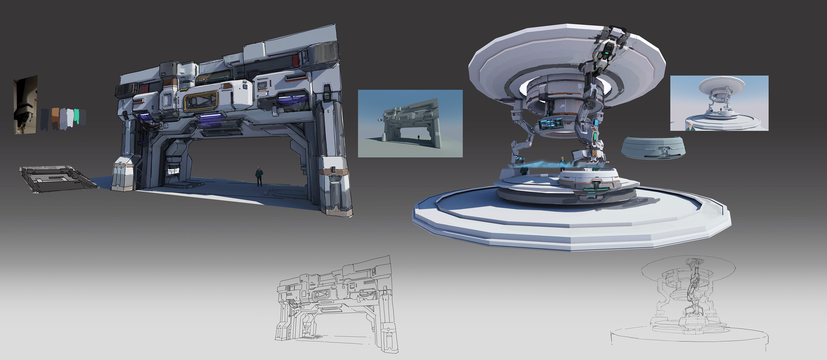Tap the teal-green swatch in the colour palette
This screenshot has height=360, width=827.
click(x=76, y=115)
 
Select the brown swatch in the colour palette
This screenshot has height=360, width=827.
click(x=55, y=118)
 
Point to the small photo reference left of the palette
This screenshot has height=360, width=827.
click(x=25, y=105)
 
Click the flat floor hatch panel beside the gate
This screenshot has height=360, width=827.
click(x=58, y=178)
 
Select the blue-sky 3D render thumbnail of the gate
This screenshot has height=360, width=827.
click(x=410, y=123)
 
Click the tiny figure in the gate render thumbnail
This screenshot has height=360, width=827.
click(x=419, y=137)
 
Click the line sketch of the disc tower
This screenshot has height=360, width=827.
click(x=683, y=301)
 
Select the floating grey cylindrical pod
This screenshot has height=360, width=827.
click(x=653, y=148)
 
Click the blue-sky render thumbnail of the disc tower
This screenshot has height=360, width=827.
click(x=719, y=103)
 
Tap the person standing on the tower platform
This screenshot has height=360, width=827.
click(x=562, y=164)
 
